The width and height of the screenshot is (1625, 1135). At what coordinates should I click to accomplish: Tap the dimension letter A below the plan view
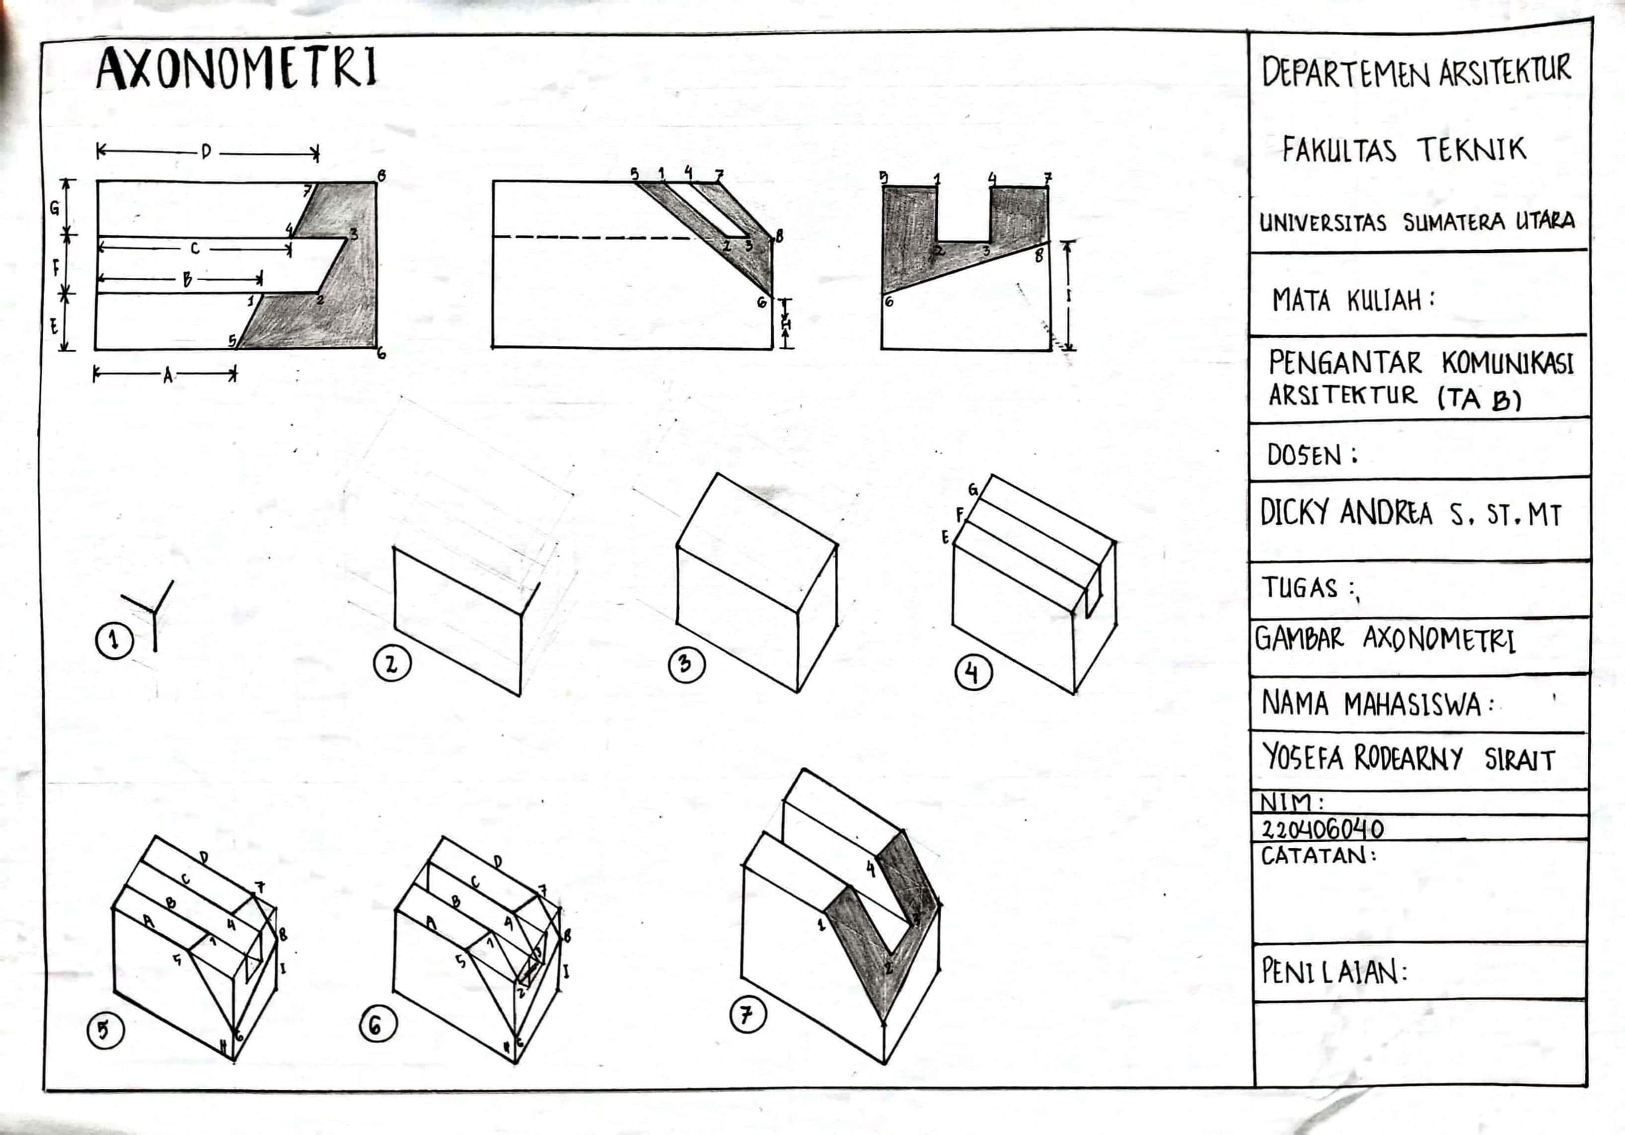point(168,375)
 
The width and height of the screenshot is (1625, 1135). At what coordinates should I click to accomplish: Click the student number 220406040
point(1323,828)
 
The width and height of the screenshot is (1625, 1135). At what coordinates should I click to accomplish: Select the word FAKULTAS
point(1339,151)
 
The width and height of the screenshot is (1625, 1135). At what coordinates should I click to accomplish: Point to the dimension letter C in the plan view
point(195,248)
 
